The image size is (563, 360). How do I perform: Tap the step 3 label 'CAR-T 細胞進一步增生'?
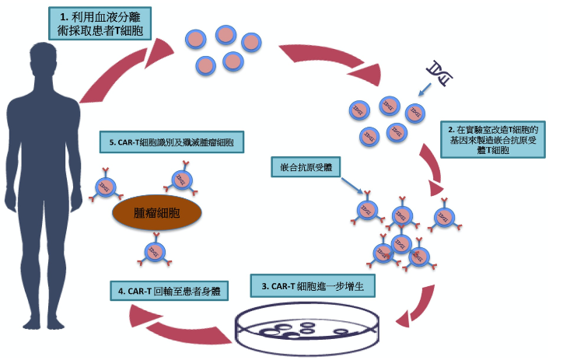pyautogui.click(x=318, y=286)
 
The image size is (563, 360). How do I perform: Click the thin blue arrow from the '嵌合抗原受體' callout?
pyautogui.click(x=349, y=189)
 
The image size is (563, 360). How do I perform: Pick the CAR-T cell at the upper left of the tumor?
pyautogui.click(x=107, y=187)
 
